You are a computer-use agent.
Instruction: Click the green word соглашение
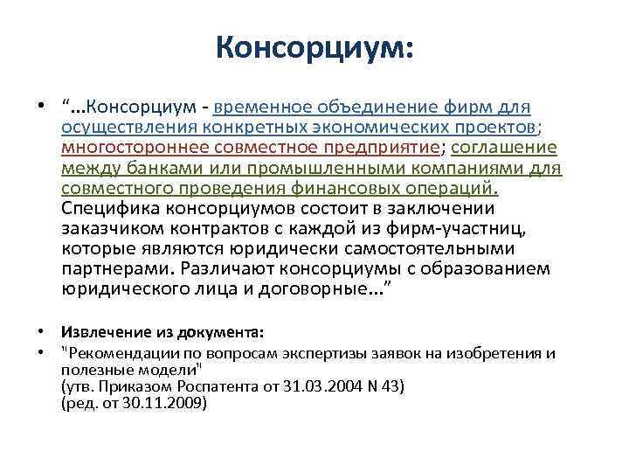click(508, 147)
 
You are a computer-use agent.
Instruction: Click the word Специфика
click(108, 207)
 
